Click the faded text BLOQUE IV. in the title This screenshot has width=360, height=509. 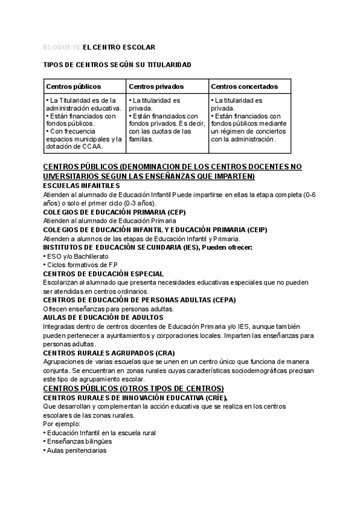(x=62, y=46)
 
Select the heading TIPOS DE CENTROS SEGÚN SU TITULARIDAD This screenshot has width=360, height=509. (x=118, y=64)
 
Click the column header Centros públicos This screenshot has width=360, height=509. (x=74, y=87)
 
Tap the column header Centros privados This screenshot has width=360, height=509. (x=156, y=87)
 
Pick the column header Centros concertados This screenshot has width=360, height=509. (x=244, y=87)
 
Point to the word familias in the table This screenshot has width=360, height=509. (x=141, y=139)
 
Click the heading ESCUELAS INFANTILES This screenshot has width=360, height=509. (x=82, y=185)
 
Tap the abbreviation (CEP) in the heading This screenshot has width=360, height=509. (x=176, y=212)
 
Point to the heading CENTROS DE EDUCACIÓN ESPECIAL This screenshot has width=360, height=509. (x=104, y=274)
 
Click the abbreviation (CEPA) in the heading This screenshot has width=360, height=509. (x=224, y=300)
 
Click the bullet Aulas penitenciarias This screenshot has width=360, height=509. (x=77, y=450)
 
